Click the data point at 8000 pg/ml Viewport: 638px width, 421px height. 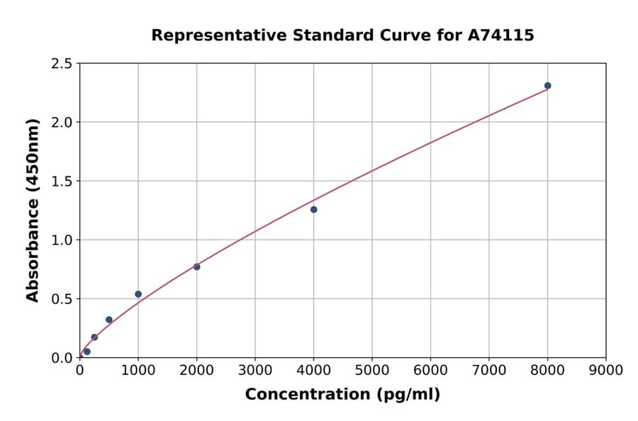click(547, 86)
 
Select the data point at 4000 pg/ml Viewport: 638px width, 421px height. click(313, 210)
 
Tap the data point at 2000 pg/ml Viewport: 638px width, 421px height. click(196, 266)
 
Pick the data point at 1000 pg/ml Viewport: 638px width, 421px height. click(138, 294)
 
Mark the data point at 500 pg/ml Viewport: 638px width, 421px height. click(109, 320)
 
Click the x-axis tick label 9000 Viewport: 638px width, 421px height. click(605, 371)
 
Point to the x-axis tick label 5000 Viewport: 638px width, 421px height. click(371, 371)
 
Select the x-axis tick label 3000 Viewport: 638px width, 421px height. click(254, 371)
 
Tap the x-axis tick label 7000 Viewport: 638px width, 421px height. click(488, 371)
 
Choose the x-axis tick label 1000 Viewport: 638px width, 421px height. click(138, 371)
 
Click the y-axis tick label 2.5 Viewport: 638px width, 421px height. click(62, 64)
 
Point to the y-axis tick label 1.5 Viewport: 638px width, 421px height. click(62, 181)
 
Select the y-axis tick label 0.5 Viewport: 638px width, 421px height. click(62, 299)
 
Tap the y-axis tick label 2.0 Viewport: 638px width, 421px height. click(62, 123)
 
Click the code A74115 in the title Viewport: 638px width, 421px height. click(502, 35)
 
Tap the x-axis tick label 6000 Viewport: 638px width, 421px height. click(430, 371)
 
